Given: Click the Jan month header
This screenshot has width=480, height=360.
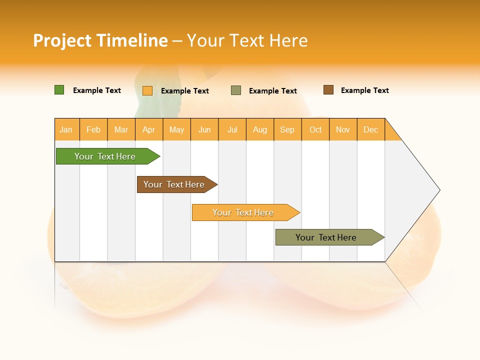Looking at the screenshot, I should tap(66, 129).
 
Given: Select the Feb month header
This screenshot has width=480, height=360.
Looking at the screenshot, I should tap(93, 129).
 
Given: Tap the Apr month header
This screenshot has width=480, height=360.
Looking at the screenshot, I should tap(149, 129).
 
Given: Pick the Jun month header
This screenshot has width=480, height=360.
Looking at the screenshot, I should tap(204, 129).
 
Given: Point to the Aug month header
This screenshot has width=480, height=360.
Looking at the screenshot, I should tap(260, 129).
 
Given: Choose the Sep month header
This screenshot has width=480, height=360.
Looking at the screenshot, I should tap(287, 129).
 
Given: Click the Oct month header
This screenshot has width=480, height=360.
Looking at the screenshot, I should tap(315, 129).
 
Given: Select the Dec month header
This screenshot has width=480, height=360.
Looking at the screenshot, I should tap(371, 129).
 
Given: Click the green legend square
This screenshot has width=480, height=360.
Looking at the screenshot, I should tap(59, 90).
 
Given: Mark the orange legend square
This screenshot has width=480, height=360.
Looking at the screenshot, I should tap(147, 90).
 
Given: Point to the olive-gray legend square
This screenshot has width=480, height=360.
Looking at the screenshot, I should tap(236, 90).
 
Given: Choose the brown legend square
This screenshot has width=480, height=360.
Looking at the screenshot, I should tap(328, 90).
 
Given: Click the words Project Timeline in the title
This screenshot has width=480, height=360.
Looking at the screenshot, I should tap(100, 40).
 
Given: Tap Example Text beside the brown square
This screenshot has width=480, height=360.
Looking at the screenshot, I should tap(364, 90).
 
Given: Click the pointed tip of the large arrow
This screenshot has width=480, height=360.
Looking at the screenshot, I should tap(438, 190).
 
